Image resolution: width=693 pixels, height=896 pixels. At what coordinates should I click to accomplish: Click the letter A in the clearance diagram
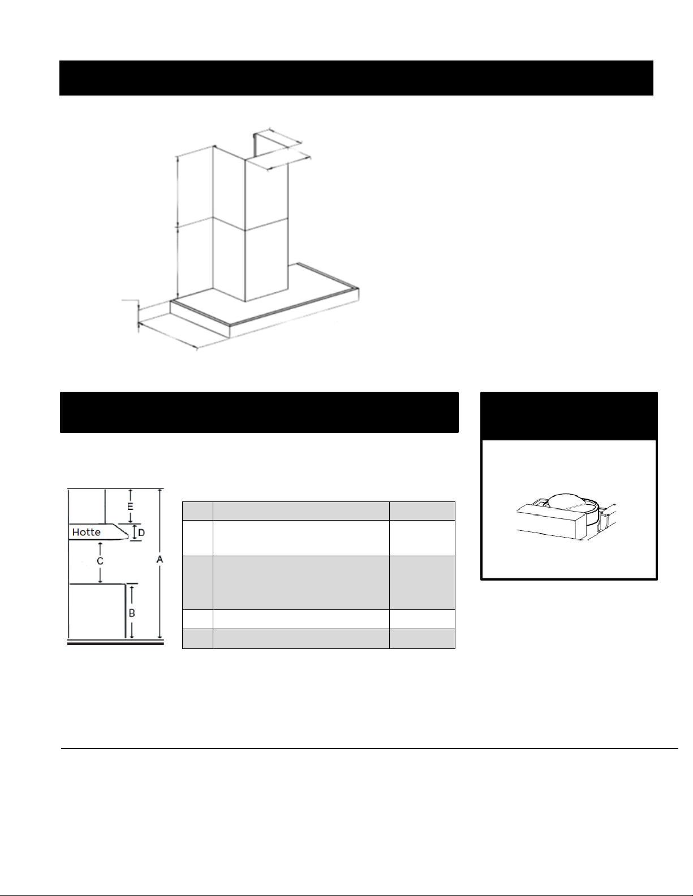(160, 560)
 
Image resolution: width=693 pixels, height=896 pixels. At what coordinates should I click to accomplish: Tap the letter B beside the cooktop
(132, 613)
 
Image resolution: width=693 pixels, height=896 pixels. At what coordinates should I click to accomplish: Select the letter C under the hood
(100, 561)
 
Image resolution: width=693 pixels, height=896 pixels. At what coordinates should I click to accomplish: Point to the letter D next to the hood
(141, 533)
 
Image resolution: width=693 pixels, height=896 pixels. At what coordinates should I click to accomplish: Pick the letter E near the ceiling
(130, 507)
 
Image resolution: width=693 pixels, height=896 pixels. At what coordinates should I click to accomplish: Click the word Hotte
(86, 533)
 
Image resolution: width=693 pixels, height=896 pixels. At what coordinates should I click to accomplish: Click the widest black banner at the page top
(356, 78)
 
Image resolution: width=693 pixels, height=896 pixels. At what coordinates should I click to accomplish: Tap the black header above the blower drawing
(569, 415)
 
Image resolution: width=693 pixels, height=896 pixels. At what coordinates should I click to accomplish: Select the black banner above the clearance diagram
(259, 412)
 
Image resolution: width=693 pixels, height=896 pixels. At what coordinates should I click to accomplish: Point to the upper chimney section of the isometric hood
(250, 188)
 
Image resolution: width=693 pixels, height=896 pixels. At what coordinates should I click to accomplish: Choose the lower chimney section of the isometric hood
(250, 260)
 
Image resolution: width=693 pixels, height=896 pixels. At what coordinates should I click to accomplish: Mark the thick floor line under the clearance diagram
(115, 643)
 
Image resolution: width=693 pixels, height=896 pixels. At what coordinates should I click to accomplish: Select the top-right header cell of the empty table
(422, 511)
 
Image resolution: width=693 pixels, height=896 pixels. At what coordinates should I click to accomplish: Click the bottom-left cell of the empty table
(197, 639)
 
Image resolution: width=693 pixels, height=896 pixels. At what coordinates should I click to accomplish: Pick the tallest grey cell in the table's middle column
(301, 583)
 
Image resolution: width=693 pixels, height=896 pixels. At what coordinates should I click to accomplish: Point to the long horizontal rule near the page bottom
(369, 748)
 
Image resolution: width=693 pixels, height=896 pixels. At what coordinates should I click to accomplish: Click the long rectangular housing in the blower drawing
(550, 522)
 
